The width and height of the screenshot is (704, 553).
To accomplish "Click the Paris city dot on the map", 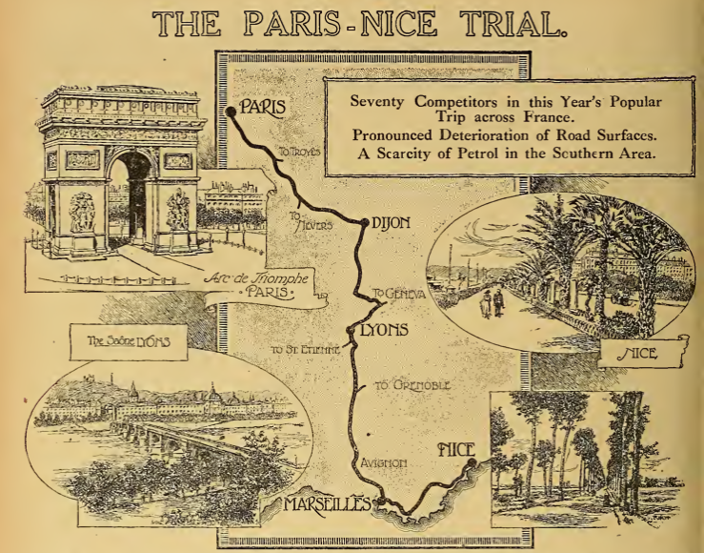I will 231,113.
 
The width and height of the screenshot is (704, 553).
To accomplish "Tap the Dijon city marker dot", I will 365,223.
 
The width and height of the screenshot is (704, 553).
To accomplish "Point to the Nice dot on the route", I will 472,463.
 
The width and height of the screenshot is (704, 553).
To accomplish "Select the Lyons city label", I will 385,331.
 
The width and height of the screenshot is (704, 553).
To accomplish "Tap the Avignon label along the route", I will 384,462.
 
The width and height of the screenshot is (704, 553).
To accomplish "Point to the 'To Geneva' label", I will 399,294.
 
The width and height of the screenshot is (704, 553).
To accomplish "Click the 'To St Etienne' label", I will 305,349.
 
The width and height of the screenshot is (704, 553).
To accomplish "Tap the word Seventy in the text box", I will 379,100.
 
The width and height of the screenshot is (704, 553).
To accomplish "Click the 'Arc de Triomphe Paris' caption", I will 259,285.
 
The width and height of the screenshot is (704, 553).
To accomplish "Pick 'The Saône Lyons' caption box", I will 118,340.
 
